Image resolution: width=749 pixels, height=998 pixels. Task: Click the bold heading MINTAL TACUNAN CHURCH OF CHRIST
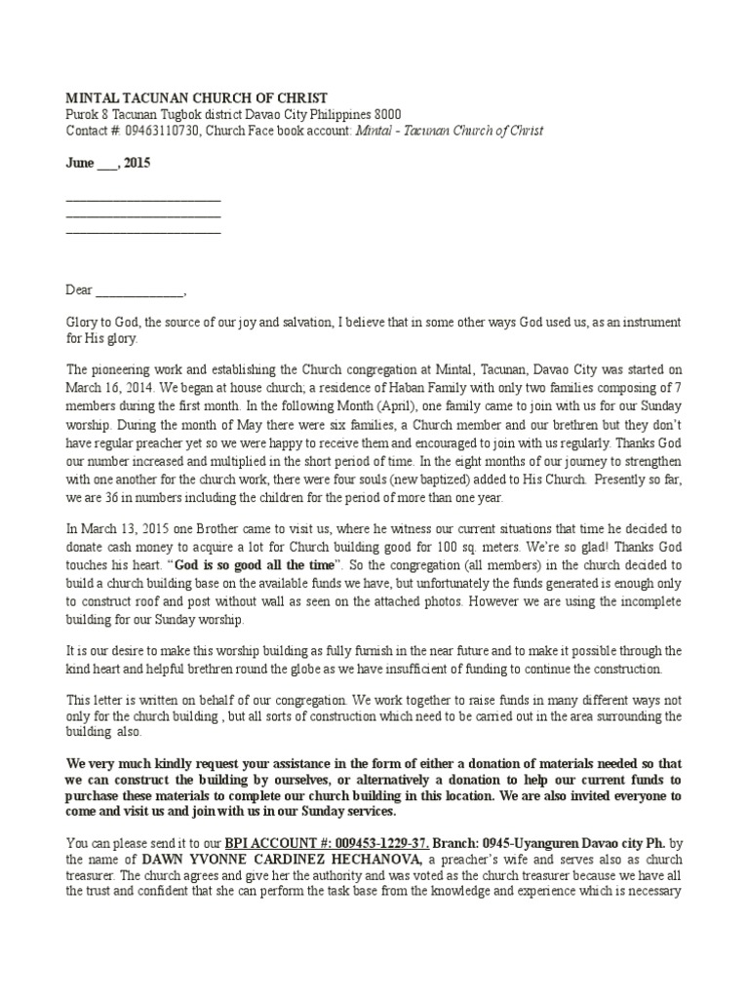coord(196,97)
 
